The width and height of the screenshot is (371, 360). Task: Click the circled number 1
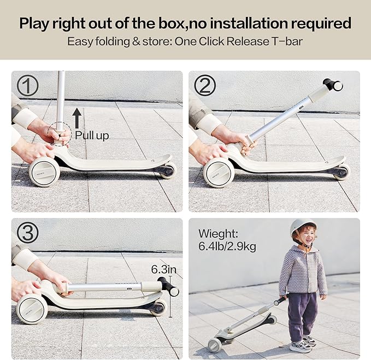click(x=27, y=86)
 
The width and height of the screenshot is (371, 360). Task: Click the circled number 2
click(x=205, y=86)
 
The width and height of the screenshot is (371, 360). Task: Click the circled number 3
click(x=27, y=233)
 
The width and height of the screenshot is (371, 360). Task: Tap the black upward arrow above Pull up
click(x=77, y=117)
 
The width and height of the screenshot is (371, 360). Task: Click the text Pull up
click(x=91, y=135)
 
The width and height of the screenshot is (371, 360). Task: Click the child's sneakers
click(x=303, y=344)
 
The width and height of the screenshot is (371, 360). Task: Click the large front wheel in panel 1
click(x=44, y=172)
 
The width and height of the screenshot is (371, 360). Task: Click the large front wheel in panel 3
click(x=31, y=309)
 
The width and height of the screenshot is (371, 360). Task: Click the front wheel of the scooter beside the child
click(x=215, y=344)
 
